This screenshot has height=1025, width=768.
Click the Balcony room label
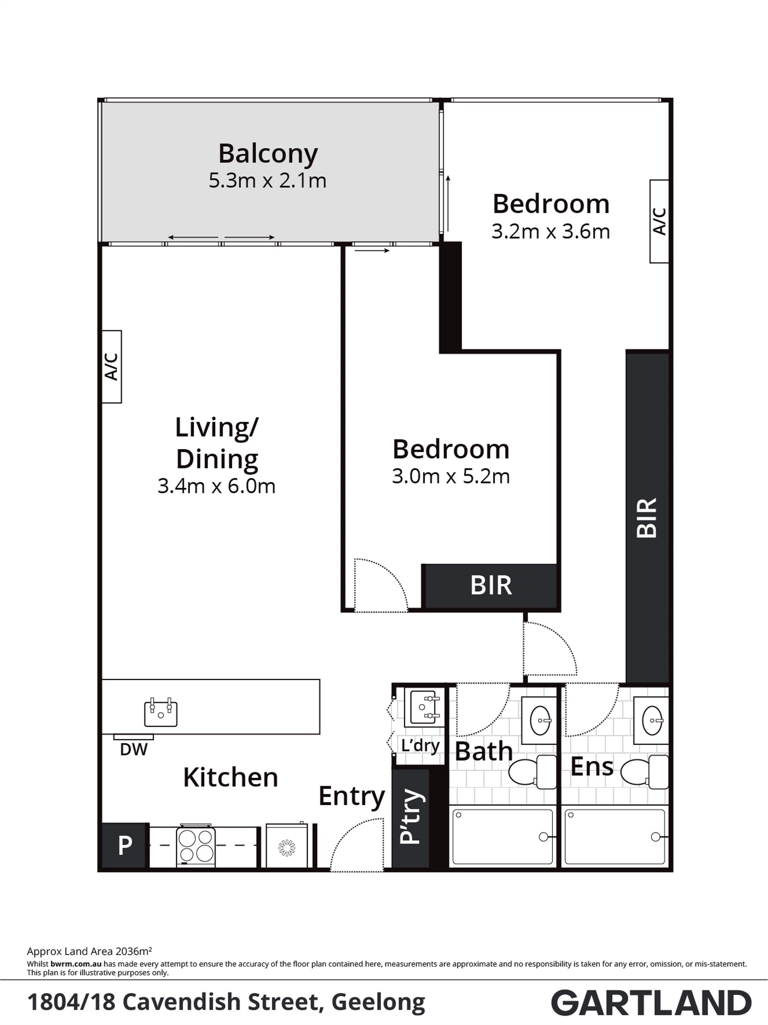[x=268, y=154]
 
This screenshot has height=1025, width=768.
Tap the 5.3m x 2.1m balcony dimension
[x=267, y=181]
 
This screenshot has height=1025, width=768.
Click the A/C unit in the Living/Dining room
[x=111, y=366]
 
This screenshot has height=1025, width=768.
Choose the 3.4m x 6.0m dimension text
[x=217, y=486]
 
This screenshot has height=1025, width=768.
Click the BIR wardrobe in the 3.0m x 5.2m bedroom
[x=490, y=586]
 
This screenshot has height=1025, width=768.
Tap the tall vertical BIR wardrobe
[x=647, y=517]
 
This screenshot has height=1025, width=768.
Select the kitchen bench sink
[x=161, y=713]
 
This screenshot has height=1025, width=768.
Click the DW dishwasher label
[x=133, y=749]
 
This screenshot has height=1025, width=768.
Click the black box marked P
[x=124, y=846]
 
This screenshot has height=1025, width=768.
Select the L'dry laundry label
[x=420, y=746]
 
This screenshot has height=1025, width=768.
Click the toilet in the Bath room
[x=532, y=772]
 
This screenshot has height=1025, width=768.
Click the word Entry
[x=352, y=796]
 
